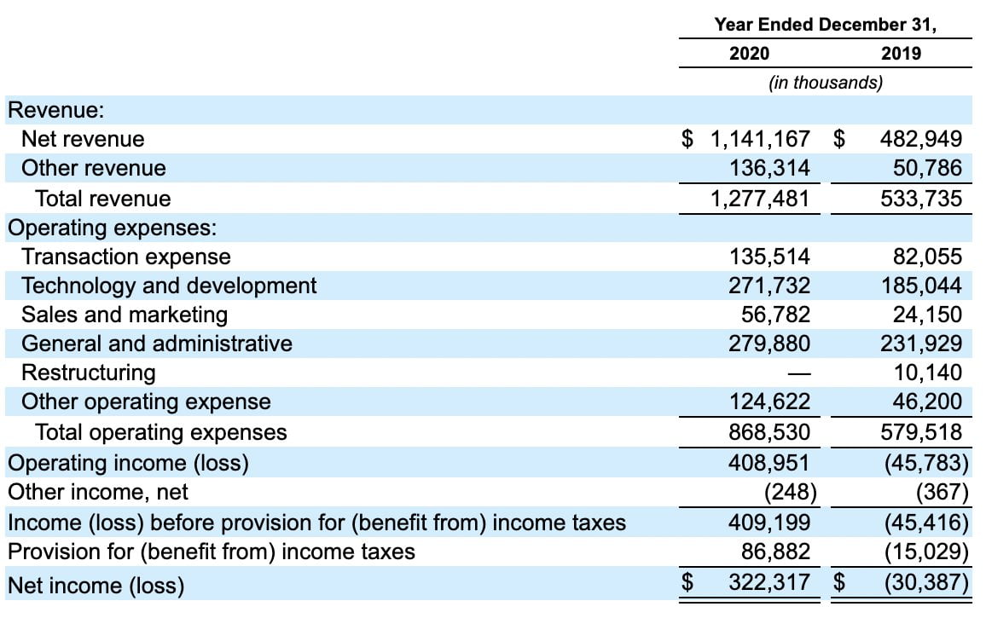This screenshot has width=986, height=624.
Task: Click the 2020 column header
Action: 749,54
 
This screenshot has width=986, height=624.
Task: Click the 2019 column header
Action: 901,54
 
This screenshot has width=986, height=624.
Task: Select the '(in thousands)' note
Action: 826,83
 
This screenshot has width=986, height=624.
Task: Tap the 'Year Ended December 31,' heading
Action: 825,25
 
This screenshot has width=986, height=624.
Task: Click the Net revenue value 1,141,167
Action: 760,139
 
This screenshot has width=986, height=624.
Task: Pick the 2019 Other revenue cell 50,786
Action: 927,168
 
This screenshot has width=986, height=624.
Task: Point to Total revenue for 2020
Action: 760,199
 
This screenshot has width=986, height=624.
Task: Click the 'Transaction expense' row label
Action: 125,257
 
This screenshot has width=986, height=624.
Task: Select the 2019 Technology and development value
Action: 921,286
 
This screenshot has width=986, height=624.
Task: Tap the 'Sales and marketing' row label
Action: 125,315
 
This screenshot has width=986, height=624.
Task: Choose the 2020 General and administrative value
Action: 769,343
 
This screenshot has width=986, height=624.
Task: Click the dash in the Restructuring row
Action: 799,373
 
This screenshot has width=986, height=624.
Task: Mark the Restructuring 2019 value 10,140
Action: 928,372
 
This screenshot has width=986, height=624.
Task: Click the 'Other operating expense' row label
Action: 146,402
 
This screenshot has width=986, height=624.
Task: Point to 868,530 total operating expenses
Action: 769,432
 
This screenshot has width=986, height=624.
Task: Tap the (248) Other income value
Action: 791,492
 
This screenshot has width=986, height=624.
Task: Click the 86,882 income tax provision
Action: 776,552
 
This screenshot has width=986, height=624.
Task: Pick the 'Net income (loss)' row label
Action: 96,586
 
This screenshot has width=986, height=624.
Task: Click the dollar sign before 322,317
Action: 687,582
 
